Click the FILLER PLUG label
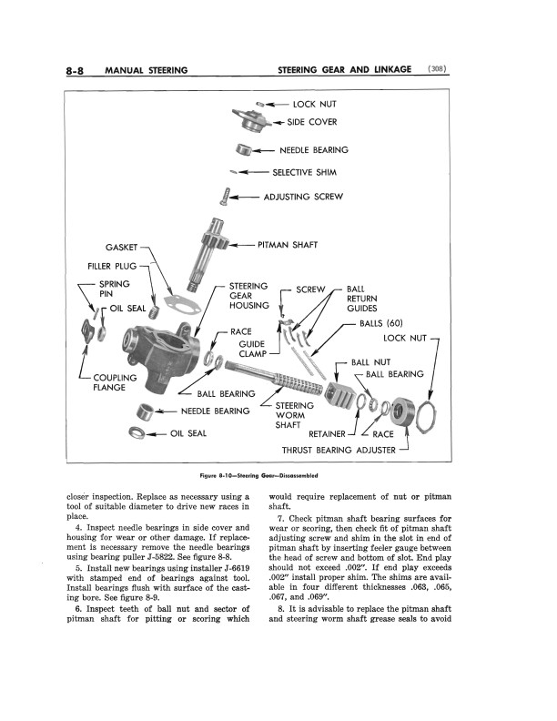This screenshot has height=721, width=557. tap(112, 267)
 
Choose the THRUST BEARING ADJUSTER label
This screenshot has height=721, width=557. tap(339, 450)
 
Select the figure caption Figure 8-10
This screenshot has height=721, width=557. tap(261, 475)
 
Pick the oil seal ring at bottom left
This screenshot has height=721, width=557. tap(138, 432)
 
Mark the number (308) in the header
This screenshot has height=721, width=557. tap(441, 69)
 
